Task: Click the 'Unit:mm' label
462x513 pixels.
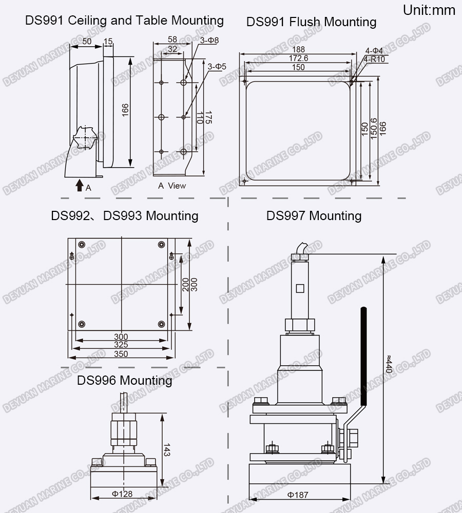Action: coord(429,10)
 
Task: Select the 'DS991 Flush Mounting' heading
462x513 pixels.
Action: coord(311,22)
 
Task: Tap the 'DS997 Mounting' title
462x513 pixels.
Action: coord(314,216)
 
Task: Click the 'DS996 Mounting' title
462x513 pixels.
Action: coord(124,381)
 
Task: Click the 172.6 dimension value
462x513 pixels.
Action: coord(298,58)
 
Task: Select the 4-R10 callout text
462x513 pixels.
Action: coord(375,59)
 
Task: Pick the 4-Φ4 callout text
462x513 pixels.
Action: coord(374,50)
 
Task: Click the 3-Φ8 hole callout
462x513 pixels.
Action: coord(209,40)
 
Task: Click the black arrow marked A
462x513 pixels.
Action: coord(79,185)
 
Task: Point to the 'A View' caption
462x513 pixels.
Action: coord(172,186)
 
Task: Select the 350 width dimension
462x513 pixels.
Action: coord(121,354)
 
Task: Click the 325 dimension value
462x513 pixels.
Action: coord(121,345)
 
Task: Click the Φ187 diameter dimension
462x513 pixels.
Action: coord(298,495)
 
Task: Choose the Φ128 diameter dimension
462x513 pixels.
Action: coord(122,494)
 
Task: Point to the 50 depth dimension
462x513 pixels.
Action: coord(86,41)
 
